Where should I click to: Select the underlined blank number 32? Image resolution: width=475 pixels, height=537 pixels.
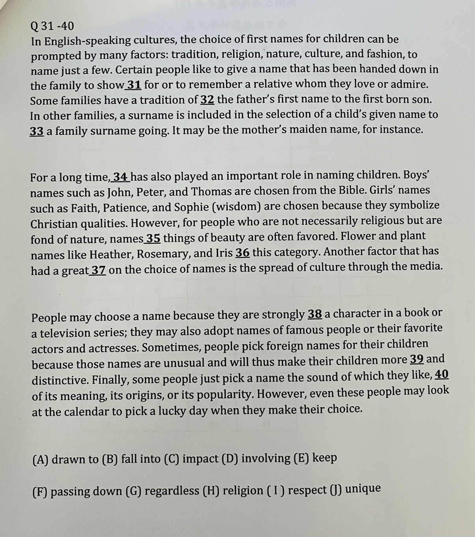208,99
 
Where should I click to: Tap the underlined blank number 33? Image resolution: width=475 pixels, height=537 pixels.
37,131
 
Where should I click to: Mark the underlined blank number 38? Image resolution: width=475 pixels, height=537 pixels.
315,314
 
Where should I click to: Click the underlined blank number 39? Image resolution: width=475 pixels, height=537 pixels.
417,359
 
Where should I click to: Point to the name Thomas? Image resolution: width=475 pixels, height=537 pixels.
211,192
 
